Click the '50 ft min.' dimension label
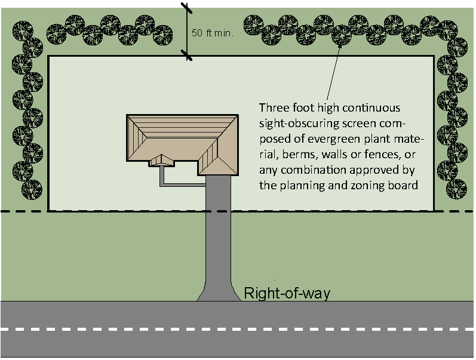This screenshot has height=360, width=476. click(x=211, y=34)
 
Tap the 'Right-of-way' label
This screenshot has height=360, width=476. click(x=287, y=293)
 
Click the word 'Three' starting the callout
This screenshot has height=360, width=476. click(x=272, y=109)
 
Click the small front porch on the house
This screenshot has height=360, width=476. click(x=161, y=160)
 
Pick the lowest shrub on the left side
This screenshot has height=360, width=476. click(x=31, y=190)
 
